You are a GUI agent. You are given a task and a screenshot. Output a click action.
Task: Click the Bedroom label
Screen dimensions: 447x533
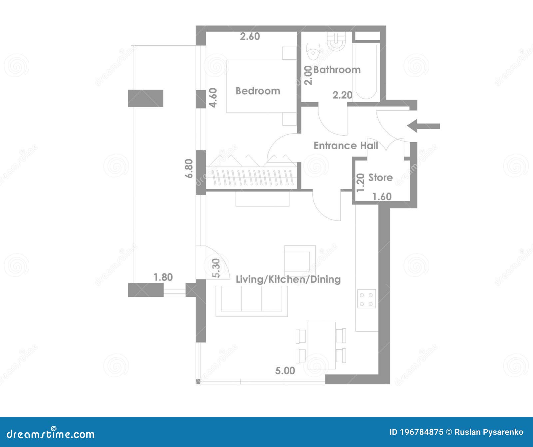click(258, 91)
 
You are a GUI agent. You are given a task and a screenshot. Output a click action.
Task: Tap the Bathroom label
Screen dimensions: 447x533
click(337, 70)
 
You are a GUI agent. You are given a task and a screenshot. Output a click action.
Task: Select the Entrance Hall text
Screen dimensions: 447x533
click(346, 146)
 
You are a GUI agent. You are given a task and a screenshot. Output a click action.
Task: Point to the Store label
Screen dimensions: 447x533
click(380, 178)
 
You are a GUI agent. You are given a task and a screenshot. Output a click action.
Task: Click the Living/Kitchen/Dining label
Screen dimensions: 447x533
click(288, 279)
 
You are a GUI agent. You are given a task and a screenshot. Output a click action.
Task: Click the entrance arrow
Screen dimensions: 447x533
click(423, 126)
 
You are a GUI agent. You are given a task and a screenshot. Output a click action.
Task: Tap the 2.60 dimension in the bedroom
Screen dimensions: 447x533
click(250, 36)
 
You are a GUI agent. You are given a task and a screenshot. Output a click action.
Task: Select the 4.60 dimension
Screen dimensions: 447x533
click(213, 97)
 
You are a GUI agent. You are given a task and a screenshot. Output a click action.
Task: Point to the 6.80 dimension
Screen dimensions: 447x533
click(189, 169)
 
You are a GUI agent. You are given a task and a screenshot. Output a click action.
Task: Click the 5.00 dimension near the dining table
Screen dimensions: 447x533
click(285, 370)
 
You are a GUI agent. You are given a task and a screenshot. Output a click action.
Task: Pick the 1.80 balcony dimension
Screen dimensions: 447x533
click(163, 277)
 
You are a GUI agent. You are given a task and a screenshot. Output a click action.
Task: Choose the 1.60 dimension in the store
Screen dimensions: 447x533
click(382, 197)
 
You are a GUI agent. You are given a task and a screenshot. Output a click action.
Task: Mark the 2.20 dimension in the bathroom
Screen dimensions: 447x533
click(342, 95)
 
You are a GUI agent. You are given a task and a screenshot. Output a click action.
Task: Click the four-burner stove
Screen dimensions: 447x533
click(367, 298)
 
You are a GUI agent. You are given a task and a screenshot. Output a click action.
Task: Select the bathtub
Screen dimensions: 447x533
click(366, 71)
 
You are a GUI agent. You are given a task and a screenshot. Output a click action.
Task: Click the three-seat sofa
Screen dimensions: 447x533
click(252, 301)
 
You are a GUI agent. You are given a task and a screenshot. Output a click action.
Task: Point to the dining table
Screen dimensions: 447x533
click(321, 345)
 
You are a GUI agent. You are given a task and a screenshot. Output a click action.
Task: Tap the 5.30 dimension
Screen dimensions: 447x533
click(216, 268)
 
